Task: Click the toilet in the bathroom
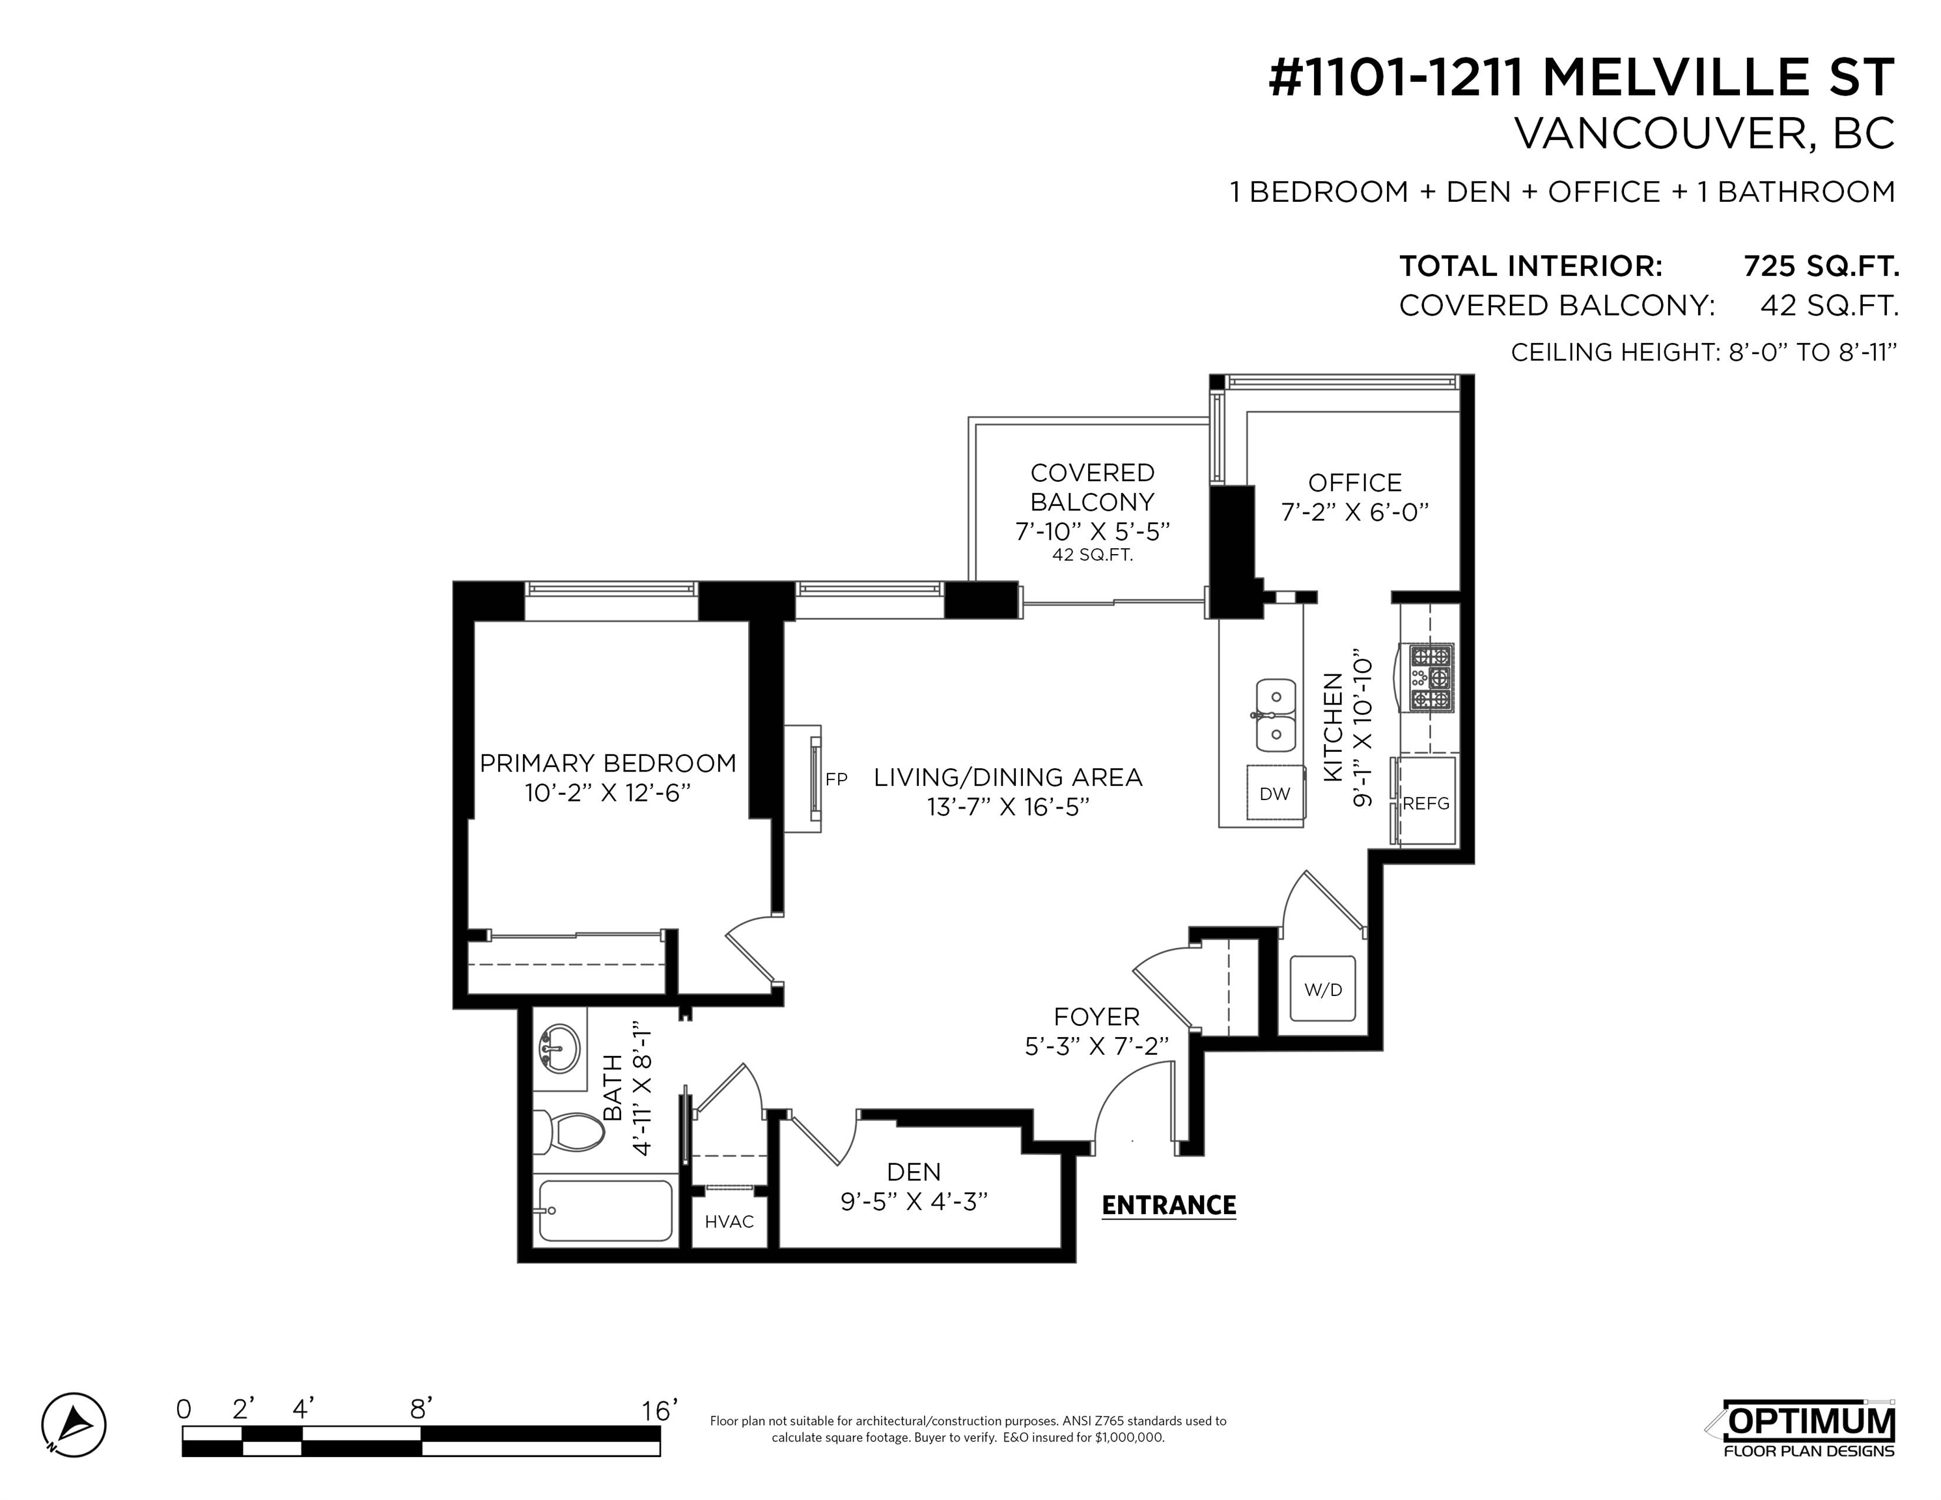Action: pos(569,1132)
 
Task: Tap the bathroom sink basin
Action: pos(559,1049)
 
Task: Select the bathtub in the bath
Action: pos(606,1210)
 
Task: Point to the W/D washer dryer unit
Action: pos(1322,988)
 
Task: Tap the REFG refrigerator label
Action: pos(1425,803)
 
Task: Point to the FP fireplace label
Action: pos(835,779)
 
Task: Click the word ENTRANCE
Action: pos(1169,1205)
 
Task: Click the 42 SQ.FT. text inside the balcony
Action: pos(1092,555)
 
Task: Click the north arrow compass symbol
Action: pos(74,1425)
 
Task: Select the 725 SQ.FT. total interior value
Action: pos(1821,266)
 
